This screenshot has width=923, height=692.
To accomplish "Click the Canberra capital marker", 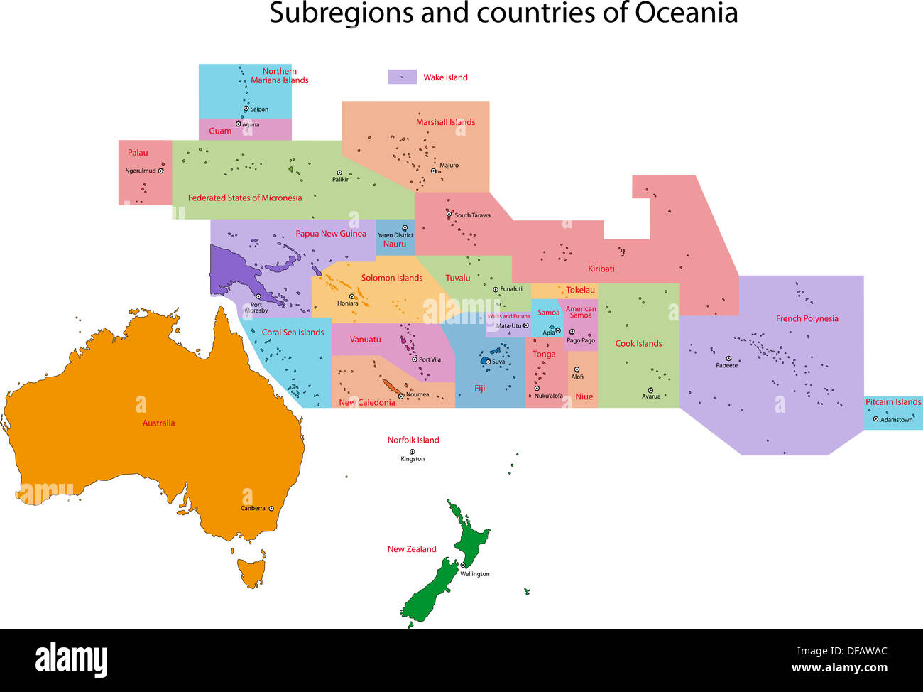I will tap(271, 508).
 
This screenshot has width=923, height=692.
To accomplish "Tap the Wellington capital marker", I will tap(463, 566).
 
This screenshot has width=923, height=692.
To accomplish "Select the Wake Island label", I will tap(445, 77).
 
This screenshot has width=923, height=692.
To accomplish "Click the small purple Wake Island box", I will tap(402, 77).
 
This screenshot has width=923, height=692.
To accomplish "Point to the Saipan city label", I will tap(259, 109).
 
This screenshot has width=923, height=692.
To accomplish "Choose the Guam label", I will tap(220, 131).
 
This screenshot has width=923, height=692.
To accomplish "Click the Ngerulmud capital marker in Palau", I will tap(161, 171).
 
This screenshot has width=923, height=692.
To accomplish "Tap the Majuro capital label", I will tap(449, 166).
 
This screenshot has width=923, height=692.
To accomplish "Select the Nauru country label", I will tap(395, 244).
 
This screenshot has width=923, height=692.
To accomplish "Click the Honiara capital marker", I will tap(351, 296).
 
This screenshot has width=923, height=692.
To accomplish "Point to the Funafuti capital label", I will tap(511, 289).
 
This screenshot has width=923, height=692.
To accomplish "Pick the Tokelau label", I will tap(580, 290).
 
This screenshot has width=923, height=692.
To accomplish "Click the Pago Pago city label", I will tap(581, 340).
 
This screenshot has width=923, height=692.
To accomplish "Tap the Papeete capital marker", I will tap(728, 358).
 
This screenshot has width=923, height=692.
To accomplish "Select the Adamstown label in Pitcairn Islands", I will tap(896, 420).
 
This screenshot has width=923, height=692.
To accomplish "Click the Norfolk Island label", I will tap(413, 440).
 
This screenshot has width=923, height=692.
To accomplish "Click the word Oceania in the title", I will tap(686, 13).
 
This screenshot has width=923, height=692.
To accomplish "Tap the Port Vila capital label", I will tap(430, 359).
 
